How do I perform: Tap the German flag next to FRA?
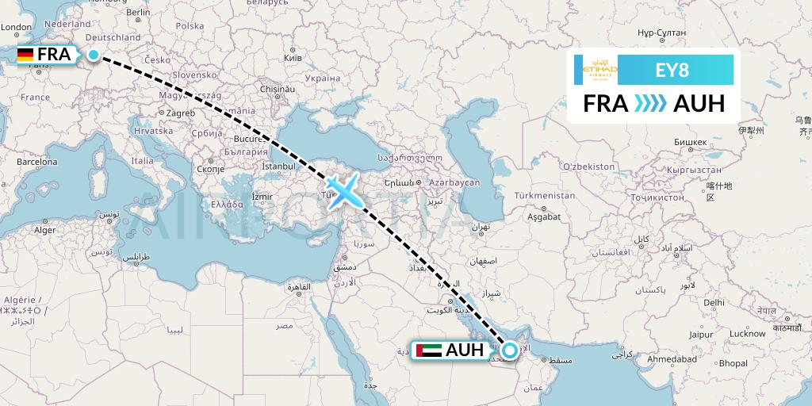click(25, 55)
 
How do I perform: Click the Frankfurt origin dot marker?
click(94, 55)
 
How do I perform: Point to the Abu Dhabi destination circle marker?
click(510, 349)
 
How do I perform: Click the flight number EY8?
click(672, 70)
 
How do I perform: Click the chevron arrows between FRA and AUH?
click(649, 103)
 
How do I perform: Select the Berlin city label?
click(138, 13)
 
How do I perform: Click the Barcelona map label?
click(38, 162)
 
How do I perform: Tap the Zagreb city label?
click(181, 113)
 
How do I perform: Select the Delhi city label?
click(714, 302)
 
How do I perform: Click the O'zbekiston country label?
click(588, 167)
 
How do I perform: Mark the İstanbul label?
click(278, 167)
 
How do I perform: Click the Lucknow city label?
click(748, 334)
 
